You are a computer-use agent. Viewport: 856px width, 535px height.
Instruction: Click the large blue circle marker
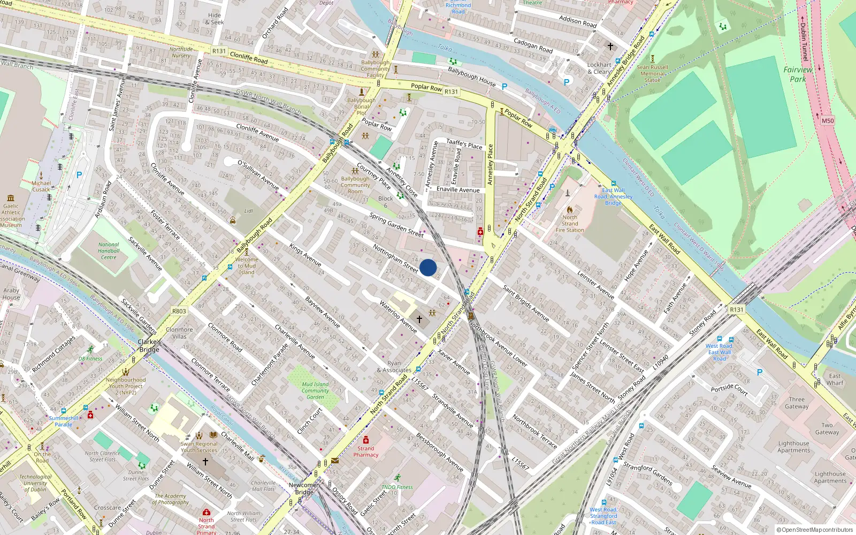click(x=428, y=267)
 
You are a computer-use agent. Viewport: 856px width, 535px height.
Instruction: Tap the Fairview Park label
click(x=798, y=74)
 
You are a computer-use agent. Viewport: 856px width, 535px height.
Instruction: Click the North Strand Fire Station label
click(x=570, y=224)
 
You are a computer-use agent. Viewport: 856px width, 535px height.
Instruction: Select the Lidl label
click(x=249, y=211)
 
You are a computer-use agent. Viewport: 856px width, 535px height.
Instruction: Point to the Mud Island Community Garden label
click(x=315, y=391)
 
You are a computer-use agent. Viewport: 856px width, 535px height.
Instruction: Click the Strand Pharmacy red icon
click(x=366, y=440)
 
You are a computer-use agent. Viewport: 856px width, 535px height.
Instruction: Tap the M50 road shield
click(x=828, y=121)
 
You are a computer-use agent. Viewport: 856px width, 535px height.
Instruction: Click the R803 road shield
click(x=179, y=311)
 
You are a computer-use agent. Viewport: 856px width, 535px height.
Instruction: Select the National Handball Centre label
click(x=109, y=251)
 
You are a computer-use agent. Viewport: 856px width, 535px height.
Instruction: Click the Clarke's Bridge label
click(x=149, y=346)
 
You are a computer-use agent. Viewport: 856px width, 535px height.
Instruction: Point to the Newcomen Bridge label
click(x=304, y=488)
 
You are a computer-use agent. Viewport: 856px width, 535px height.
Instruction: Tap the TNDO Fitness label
click(x=397, y=487)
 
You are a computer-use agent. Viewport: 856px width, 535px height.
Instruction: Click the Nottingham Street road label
click(x=395, y=258)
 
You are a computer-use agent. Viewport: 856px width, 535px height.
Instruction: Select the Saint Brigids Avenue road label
click(x=526, y=303)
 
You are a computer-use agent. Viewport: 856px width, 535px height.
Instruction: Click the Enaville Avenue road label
click(x=458, y=189)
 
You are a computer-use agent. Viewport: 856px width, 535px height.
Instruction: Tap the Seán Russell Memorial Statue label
click(x=652, y=74)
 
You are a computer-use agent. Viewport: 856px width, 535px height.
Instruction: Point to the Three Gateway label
click(x=797, y=403)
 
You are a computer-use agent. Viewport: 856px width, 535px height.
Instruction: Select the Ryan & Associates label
click(x=394, y=366)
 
